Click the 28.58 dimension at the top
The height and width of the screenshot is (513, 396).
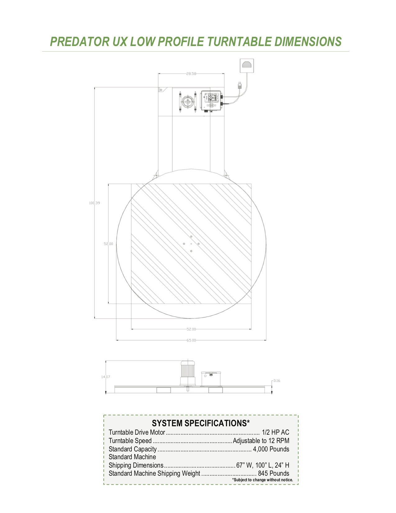point(191,74)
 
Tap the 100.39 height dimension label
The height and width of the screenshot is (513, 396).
point(94,203)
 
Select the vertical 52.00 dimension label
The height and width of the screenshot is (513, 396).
point(108,244)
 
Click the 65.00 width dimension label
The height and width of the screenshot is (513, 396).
point(191,340)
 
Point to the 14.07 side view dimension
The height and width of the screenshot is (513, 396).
point(106,377)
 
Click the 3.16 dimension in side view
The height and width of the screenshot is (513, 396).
point(276,381)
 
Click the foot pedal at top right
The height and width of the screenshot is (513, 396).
point(247,66)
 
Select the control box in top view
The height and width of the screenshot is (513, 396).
point(211,101)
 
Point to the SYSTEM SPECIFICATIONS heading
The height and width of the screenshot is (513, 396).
point(201,423)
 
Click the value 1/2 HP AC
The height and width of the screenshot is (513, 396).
point(275,432)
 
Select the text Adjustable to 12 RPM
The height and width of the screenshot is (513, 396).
point(261,441)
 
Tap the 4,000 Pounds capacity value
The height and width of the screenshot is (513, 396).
point(271,449)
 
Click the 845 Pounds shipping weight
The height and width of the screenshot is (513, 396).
point(273,473)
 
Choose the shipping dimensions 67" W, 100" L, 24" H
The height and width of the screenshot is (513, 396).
point(262,465)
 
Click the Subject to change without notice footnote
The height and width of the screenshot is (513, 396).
point(262,480)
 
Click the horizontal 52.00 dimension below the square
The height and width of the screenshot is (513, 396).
point(191,329)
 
